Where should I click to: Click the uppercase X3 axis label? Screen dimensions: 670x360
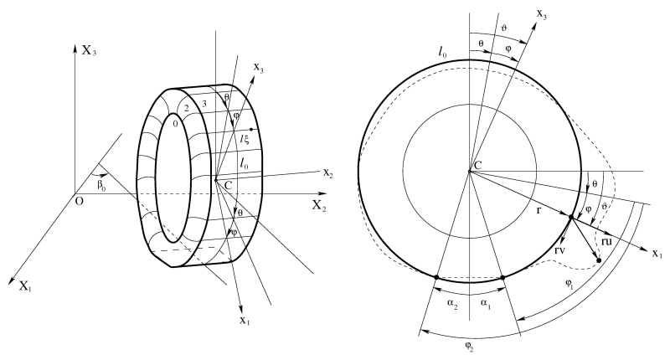[90, 51]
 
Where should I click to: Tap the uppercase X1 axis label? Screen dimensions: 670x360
[26, 286]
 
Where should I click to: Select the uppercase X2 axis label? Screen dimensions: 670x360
[319, 206]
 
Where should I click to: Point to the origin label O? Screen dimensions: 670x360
[79, 201]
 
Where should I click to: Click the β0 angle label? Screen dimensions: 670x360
[100, 185]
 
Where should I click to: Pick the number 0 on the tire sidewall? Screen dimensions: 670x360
[174, 124]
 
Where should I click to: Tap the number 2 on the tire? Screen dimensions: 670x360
[186, 108]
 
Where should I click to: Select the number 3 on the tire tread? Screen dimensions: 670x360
[204, 103]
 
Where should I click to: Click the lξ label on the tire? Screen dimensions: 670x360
[245, 138]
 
